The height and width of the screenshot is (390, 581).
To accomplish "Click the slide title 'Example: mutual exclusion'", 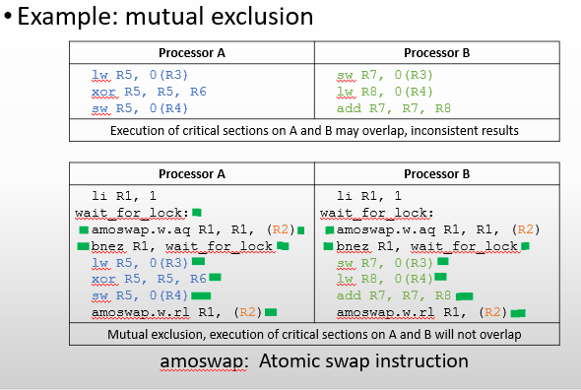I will [x=167, y=17].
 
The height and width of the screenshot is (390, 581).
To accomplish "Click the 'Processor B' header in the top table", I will [x=436, y=52].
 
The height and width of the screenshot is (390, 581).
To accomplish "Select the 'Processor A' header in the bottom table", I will [x=192, y=173].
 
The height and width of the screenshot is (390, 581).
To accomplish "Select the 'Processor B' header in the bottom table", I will [x=436, y=173].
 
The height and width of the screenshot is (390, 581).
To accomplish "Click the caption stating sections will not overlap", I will [x=314, y=334].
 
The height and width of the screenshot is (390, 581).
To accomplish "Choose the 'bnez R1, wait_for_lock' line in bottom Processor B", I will [x=426, y=246].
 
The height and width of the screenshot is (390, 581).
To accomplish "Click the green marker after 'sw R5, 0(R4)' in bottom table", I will [x=201, y=295].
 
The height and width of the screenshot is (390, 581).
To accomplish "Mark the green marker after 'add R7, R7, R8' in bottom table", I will [x=463, y=295].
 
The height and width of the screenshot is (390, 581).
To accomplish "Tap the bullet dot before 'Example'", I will [x=8, y=18].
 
